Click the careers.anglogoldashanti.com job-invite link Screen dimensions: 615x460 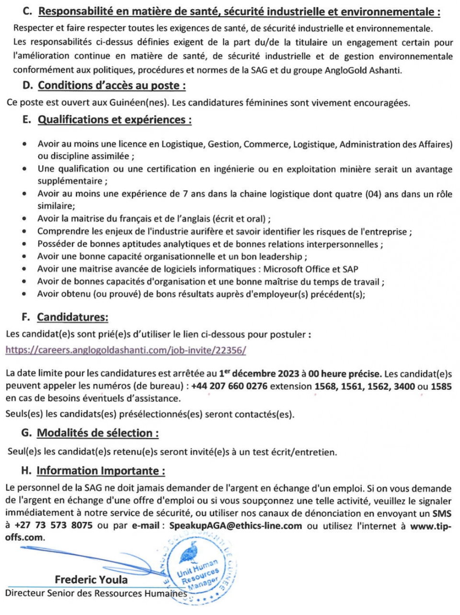point(126,350)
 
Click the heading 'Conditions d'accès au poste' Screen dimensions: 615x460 point(112,86)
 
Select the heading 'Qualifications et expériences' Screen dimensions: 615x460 point(115,120)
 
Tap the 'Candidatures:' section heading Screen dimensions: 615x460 point(72,317)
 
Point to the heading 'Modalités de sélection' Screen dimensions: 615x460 point(97,433)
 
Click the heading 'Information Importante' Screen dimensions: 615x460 point(101,471)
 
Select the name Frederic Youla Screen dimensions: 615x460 point(91,580)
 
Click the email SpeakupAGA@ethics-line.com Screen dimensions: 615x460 point(235,526)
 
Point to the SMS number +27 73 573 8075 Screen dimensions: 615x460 point(54,526)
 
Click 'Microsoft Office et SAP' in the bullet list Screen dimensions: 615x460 point(310,270)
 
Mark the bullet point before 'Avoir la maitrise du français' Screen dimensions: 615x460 point(25,219)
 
